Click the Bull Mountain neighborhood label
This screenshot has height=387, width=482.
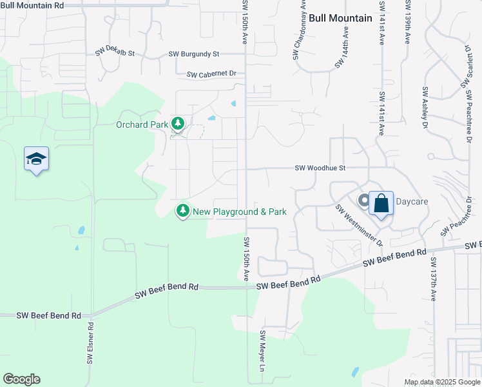340,18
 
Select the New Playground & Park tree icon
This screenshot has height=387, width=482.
183,210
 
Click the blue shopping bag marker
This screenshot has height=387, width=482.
381,204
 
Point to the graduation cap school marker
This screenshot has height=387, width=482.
37,159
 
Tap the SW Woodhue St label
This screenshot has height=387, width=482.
320,168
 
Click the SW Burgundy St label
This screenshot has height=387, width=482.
194,55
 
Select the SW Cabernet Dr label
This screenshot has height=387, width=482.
212,75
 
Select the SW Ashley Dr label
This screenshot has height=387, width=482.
425,108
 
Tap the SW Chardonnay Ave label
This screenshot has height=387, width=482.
298,30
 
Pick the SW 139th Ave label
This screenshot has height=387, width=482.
408,22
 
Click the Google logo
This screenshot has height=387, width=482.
21,379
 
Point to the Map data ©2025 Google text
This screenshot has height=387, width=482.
441,382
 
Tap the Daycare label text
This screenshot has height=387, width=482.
412,202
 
